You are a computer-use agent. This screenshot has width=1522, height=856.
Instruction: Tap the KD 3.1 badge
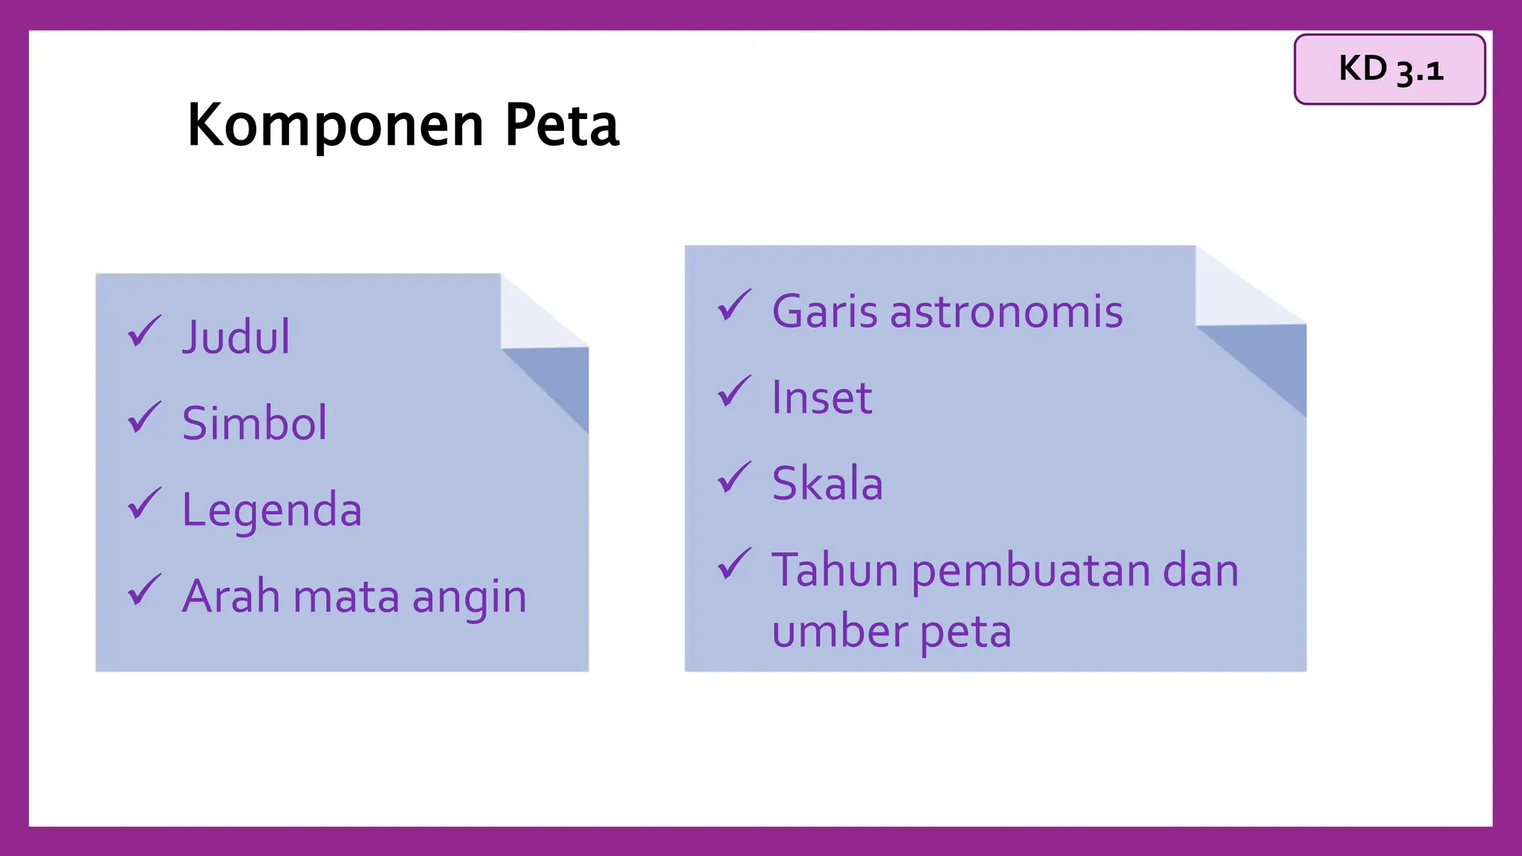[x=1389, y=69]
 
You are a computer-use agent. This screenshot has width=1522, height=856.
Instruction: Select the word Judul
[x=236, y=337]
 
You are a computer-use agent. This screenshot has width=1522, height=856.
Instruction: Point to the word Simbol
[x=254, y=423]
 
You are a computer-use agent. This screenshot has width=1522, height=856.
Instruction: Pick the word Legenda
[x=272, y=510]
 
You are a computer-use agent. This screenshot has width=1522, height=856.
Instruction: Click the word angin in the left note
[x=469, y=597]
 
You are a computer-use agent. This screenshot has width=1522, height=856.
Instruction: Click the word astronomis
[x=1006, y=311]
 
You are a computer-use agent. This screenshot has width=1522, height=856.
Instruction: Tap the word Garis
[x=826, y=311]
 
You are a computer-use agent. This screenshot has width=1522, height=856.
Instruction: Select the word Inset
[x=821, y=398]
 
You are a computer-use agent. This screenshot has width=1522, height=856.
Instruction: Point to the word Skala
[x=827, y=484]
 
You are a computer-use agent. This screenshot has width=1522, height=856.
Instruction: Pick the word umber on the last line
[x=840, y=632]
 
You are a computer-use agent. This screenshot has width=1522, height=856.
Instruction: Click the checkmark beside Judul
[x=144, y=331]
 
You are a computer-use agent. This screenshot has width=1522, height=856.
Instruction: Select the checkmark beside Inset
[x=734, y=392]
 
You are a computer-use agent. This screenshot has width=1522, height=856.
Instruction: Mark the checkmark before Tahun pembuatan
[x=734, y=565]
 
